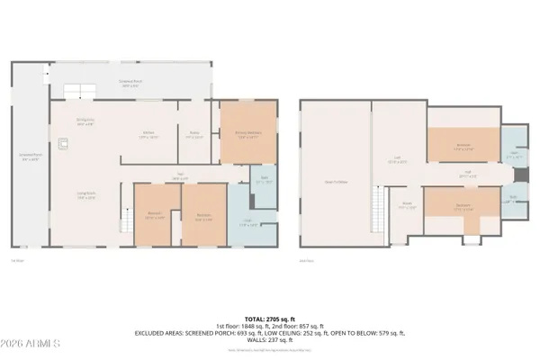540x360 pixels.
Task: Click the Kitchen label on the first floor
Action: (x=148, y=135)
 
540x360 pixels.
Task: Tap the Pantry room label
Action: (x=193, y=135)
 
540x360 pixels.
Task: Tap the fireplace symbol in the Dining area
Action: (x=62, y=142)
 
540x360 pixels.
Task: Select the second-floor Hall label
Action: (x=468, y=175)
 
